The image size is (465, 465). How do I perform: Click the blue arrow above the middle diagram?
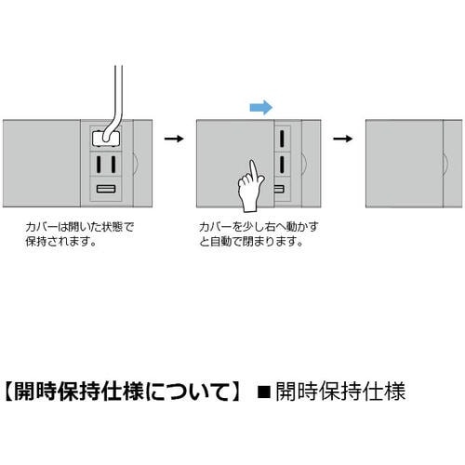[261, 108]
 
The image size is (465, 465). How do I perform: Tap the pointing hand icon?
[250, 188]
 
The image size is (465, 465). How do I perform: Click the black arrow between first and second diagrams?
[174, 139]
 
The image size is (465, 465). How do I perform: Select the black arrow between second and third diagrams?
[343, 139]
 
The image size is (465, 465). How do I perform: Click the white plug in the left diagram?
[106, 139]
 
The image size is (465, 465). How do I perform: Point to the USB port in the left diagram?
[106, 189]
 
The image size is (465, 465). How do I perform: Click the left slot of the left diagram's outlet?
[99, 165]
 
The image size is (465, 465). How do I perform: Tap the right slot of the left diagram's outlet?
[113, 165]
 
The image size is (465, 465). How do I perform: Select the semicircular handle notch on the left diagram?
[137, 163]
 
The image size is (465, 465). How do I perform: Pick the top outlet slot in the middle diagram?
[282, 139]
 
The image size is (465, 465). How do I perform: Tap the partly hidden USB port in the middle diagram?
[279, 189]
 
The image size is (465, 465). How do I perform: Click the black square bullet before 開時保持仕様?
[264, 392]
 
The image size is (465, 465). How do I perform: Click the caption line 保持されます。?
[60, 241]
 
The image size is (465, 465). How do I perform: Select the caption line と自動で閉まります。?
[251, 241]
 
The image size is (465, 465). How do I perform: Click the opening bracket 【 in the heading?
[8, 392]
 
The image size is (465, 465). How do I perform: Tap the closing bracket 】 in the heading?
[235, 392]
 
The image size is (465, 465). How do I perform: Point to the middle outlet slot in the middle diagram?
[282, 165]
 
